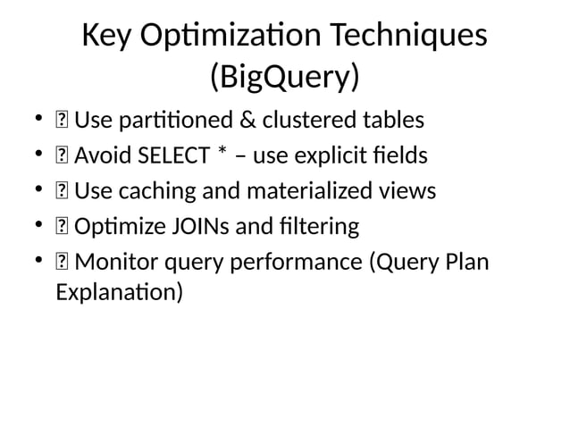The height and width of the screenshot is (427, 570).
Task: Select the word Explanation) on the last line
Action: pyautogui.click(x=120, y=291)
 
